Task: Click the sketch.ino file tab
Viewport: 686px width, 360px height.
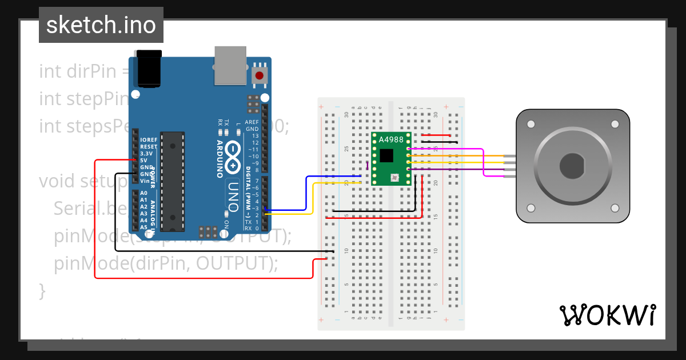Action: point(101,25)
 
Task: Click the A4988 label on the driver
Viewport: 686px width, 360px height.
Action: point(391,140)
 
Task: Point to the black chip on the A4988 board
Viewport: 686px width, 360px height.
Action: point(387,155)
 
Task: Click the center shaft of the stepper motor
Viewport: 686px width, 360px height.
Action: point(572,166)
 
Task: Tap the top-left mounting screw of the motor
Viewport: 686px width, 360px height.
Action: point(531,124)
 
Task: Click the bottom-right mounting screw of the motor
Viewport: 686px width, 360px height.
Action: point(615,207)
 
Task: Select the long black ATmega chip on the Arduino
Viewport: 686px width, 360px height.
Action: point(173,181)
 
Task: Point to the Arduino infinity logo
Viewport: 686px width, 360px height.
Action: point(234,157)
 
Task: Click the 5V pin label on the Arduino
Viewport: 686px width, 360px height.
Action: point(144,161)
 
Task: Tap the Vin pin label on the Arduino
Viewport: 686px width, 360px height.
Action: point(145,181)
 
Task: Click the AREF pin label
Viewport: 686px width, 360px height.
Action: point(252,122)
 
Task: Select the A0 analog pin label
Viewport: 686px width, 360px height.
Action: point(143,193)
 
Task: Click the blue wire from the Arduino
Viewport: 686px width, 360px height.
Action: point(306,194)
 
